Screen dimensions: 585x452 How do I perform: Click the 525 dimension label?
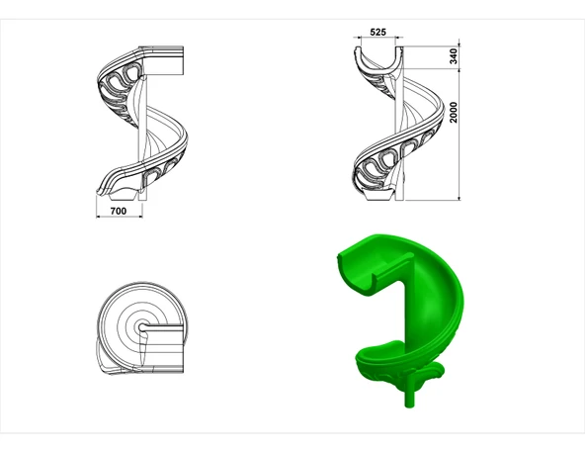(x=377, y=32)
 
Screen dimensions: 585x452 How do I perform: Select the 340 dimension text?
(x=454, y=56)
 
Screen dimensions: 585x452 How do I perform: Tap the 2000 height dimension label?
(x=454, y=112)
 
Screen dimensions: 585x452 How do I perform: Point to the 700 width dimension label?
(x=119, y=211)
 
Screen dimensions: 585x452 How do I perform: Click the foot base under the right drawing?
(x=378, y=196)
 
